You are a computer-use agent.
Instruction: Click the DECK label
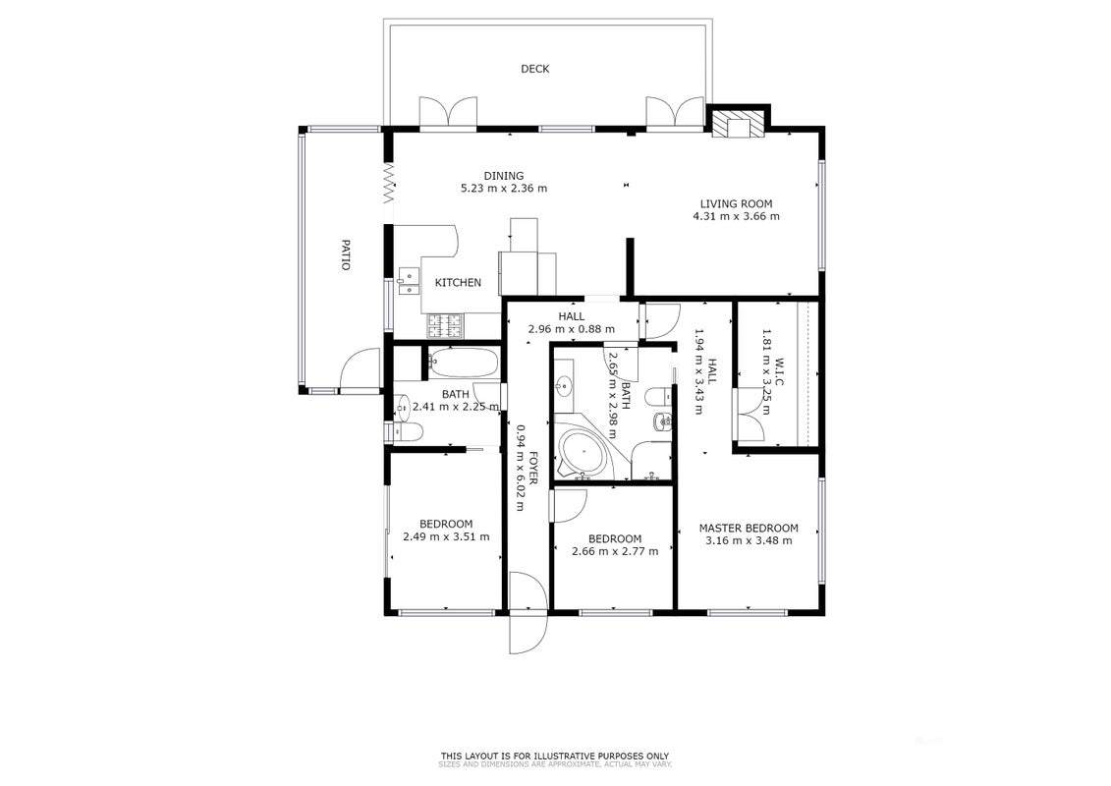pos(535,69)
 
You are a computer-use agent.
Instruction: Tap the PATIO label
pos(346,254)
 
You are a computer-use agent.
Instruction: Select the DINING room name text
pos(504,176)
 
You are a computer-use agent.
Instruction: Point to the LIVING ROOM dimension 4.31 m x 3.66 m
pos(736,216)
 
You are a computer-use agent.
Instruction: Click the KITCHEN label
pos(458,282)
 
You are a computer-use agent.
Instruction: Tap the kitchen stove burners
pos(444,325)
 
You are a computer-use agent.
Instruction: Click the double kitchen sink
pos(409,281)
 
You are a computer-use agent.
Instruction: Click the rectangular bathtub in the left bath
pos(464,362)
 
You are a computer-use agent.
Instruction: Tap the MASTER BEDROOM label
pos(749,528)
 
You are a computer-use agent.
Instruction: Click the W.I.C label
pos(779,372)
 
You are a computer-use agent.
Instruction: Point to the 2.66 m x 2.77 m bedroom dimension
pos(615,551)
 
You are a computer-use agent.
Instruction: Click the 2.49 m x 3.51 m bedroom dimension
pos(446,536)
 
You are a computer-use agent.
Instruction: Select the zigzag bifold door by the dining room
pos(388,182)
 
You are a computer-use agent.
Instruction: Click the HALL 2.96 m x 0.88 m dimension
pos(572,329)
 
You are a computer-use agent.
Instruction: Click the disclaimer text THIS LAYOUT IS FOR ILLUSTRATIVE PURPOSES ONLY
pos(555,757)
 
